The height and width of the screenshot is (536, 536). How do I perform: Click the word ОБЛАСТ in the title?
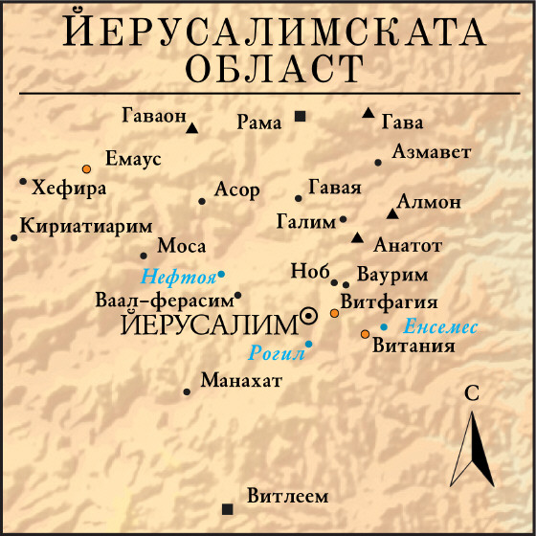[x=276, y=68]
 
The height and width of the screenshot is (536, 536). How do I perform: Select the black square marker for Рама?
[x=300, y=117]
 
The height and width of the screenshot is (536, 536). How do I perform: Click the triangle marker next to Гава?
[x=368, y=113]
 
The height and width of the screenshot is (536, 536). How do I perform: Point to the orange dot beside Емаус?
[x=87, y=167]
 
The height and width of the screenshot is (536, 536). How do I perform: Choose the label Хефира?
[x=69, y=189]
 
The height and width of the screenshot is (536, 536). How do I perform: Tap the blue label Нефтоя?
[x=178, y=279]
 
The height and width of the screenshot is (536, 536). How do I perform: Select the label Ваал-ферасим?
[x=165, y=299]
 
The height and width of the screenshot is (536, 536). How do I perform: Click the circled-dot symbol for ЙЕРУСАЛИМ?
[x=309, y=315]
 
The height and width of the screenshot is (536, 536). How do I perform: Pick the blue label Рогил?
[x=276, y=352]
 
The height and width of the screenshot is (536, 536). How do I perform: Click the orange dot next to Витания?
[x=365, y=334]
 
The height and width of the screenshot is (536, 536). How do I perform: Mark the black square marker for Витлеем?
[x=227, y=508]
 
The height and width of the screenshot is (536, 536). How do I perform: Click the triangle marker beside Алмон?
[x=391, y=213]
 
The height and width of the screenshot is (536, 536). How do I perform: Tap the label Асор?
[x=236, y=190]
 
